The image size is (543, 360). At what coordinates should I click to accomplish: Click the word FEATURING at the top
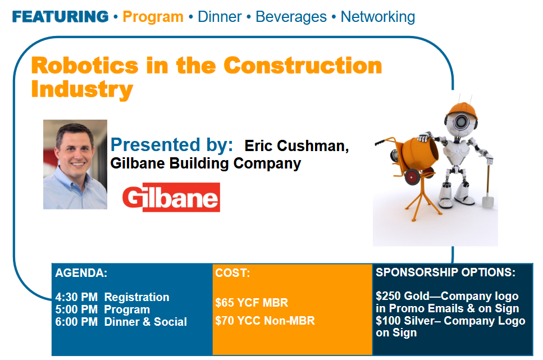point(60,17)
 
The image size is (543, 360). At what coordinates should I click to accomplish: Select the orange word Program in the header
point(153,17)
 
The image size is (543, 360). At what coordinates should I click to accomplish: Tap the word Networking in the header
point(378,17)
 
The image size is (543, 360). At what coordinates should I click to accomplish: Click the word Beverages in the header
point(291,17)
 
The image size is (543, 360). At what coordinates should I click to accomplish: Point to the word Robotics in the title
point(85,65)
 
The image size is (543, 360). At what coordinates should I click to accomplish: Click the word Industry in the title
point(82,89)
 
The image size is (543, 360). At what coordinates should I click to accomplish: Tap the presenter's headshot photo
point(75,164)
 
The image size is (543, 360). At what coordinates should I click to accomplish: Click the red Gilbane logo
point(171,197)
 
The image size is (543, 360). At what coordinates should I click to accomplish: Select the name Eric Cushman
point(296,146)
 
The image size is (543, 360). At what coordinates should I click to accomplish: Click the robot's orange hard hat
point(462,110)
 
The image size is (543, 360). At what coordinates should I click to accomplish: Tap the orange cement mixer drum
point(419,153)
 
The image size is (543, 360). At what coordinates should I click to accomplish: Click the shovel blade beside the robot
point(487,202)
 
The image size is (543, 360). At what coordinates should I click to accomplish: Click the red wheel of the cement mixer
point(412,177)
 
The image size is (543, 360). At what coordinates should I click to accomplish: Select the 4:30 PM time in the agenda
point(76,297)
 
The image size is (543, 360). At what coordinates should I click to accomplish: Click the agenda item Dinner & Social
point(145,322)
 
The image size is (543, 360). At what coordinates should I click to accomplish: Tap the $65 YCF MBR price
point(252,303)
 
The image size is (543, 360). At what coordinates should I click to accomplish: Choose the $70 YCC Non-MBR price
point(265,321)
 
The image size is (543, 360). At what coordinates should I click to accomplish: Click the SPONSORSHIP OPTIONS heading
point(445,272)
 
